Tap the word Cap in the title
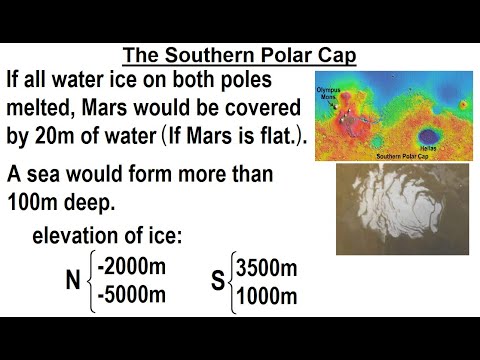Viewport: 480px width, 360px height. click(x=328, y=54)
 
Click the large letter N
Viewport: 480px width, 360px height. click(x=72, y=281)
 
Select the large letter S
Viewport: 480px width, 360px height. click(x=218, y=281)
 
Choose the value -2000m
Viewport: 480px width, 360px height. click(x=129, y=267)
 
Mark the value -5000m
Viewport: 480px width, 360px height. click(x=129, y=295)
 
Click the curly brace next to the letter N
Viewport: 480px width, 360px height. click(x=93, y=281)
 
